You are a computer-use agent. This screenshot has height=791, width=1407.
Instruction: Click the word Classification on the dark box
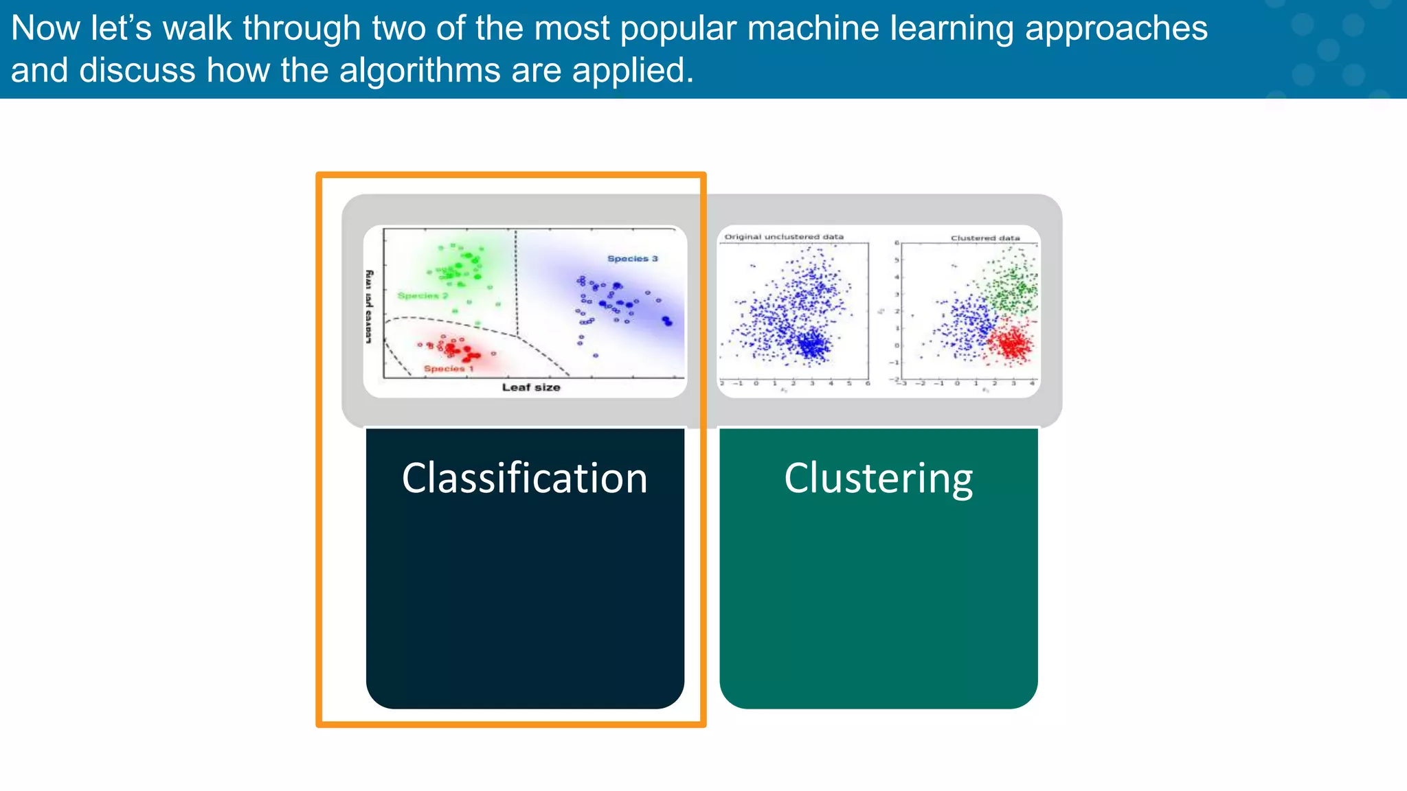pyautogui.click(x=524, y=479)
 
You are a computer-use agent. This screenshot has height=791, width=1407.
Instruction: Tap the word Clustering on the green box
pyautogui.click(x=878, y=479)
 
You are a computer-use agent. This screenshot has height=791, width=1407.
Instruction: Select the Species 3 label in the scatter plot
pyautogui.click(x=632, y=259)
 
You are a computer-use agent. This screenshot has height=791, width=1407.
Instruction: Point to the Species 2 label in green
pyautogui.click(x=423, y=295)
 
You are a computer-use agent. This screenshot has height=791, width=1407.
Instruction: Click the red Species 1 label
pyautogui.click(x=448, y=369)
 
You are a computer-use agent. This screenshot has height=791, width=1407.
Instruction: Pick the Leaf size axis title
pyautogui.click(x=530, y=387)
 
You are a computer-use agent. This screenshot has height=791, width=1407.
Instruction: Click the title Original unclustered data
pyautogui.click(x=784, y=237)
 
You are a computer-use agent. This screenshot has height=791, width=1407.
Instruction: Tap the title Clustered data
pyautogui.click(x=984, y=238)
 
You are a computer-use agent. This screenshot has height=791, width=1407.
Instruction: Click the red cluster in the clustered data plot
pyautogui.click(x=1011, y=342)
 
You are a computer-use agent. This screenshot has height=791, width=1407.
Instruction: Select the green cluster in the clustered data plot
pyautogui.click(x=1012, y=285)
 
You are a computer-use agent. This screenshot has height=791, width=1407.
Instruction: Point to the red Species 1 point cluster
pyautogui.click(x=457, y=349)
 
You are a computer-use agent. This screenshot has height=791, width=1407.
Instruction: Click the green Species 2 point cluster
pyautogui.click(x=459, y=268)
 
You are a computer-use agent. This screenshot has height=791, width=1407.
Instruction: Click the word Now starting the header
pyautogui.click(x=45, y=29)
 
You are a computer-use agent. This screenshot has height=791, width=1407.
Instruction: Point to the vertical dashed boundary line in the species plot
pyautogui.click(x=516, y=282)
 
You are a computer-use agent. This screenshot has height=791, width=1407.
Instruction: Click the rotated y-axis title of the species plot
pyautogui.click(x=369, y=307)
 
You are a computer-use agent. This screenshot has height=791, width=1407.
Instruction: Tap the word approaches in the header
pyautogui.click(x=1116, y=29)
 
